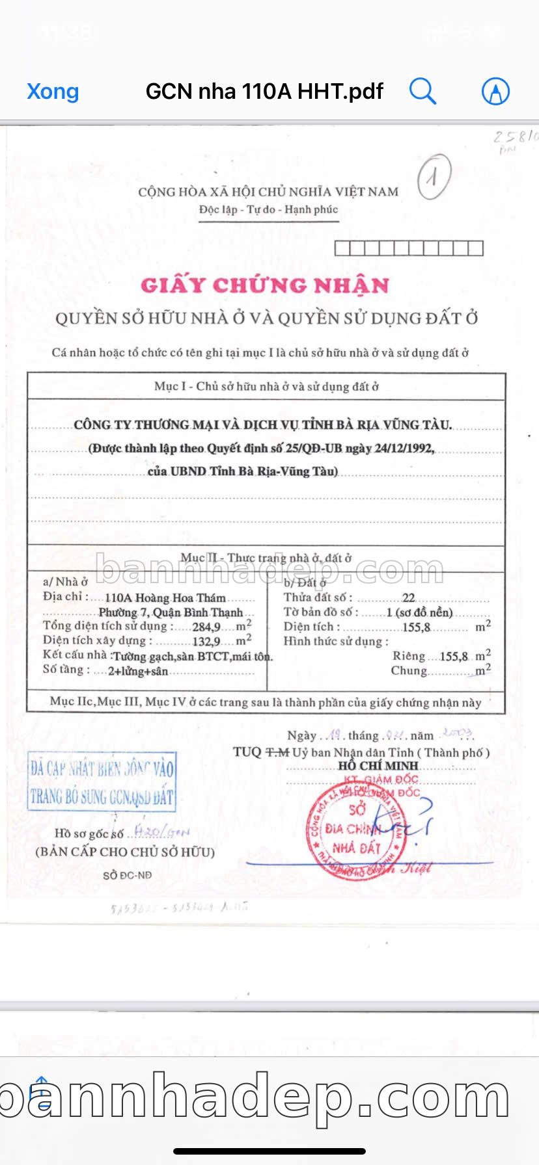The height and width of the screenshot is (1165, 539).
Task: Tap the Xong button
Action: tap(53, 92)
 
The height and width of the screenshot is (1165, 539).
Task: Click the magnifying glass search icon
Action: tap(422, 91)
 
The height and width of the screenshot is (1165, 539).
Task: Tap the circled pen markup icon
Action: tap(495, 91)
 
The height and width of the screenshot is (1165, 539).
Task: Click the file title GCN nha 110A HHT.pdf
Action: tap(264, 91)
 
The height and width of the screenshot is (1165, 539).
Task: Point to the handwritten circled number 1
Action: tap(433, 177)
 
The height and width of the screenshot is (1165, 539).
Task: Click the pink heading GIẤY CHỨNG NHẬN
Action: tap(265, 285)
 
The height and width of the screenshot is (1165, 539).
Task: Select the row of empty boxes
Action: tap(408, 248)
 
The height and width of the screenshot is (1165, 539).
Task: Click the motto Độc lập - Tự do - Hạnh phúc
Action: tap(269, 210)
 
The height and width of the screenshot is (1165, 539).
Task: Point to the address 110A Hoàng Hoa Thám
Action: tap(165, 597)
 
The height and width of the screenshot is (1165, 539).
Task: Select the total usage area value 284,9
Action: tap(207, 627)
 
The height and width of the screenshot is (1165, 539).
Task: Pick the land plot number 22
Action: tap(408, 598)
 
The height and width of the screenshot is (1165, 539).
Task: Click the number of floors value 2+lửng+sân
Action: tap(138, 672)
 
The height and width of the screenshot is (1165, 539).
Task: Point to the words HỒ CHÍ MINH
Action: tap(378, 766)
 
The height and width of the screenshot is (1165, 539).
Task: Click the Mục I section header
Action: tap(266, 387)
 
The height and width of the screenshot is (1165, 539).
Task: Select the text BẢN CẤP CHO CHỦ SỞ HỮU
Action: tap(125, 852)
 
